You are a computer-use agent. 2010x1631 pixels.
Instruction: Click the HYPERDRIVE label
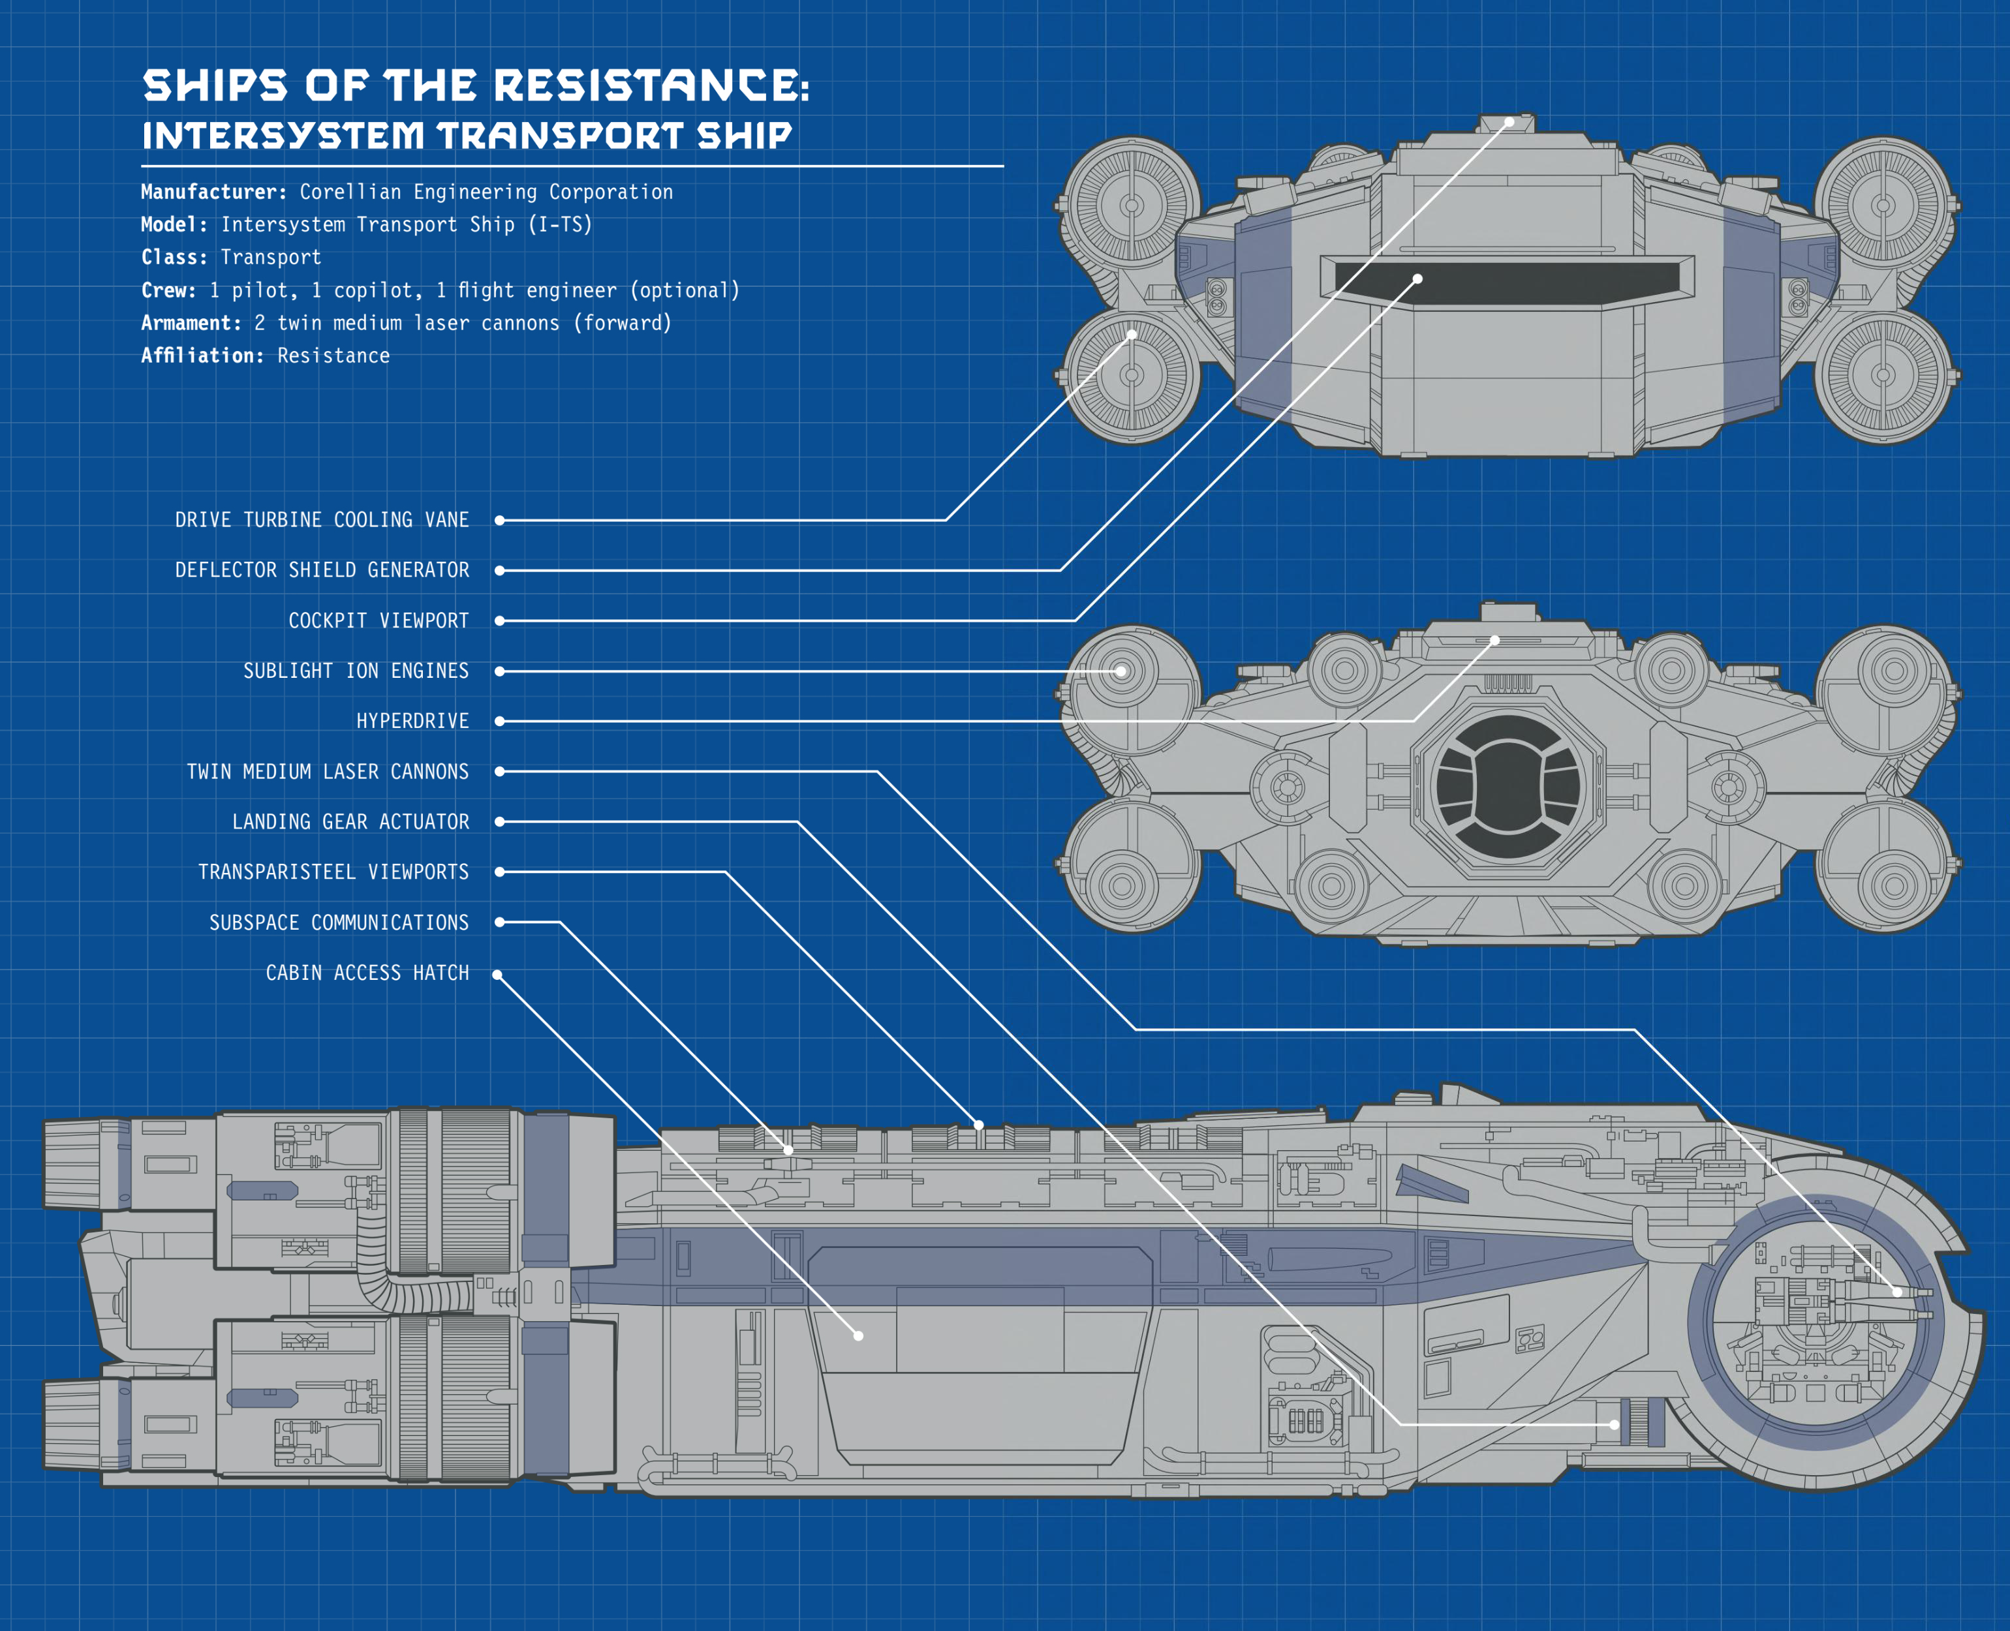click(x=412, y=722)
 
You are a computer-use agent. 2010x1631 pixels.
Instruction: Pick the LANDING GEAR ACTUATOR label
click(x=350, y=822)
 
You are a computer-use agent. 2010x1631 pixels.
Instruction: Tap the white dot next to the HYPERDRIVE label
click(x=500, y=722)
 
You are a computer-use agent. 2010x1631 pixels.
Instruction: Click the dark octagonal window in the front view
click(x=1507, y=787)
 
